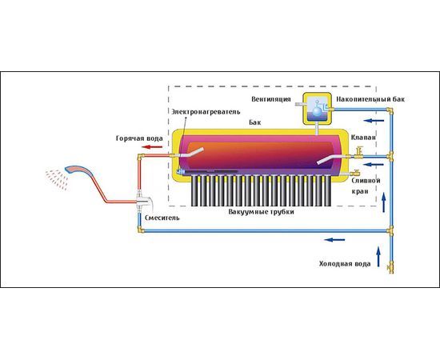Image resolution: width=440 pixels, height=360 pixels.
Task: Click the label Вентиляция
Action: pos(271,99)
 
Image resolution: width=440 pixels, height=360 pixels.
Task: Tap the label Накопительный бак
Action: pos(370,99)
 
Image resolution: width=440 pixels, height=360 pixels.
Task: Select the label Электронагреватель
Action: pos(206,112)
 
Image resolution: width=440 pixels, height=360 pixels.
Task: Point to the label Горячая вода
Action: pos(139,138)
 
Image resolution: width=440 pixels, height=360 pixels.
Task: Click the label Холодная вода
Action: pos(345,264)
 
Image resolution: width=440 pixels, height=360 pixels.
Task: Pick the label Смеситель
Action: pos(162,218)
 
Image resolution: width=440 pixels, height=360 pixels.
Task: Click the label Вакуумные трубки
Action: pos(262,212)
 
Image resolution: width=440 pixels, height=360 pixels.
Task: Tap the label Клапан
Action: pos(363,138)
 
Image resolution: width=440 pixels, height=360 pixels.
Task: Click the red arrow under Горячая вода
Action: pos(152,146)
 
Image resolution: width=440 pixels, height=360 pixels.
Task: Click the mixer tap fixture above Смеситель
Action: pos(144,202)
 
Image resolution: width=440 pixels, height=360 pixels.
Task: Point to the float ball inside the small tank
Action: pos(318,111)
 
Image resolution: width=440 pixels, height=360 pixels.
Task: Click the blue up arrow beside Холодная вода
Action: pos(378,256)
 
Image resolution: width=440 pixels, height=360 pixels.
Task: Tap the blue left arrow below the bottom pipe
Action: pos(334,240)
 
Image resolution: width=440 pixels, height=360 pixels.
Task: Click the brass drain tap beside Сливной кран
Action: pos(354,174)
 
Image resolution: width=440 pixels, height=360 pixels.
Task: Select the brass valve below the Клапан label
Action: pos(358,154)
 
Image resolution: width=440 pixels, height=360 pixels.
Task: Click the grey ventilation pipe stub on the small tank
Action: pos(299,105)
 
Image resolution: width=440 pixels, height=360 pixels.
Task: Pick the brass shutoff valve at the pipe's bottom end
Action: pos(390,267)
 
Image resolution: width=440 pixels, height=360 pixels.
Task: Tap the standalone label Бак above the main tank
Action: pos(254,122)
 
